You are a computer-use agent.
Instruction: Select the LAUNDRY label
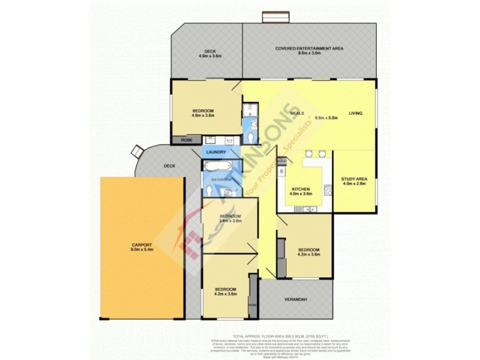[x=215, y=152]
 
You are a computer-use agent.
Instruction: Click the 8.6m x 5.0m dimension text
[x=326, y=118]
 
